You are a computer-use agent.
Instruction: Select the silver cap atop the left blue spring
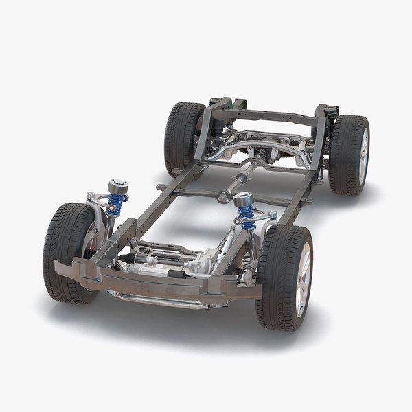tap(117, 186)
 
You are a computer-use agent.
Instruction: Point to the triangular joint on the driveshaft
tap(224, 196)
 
